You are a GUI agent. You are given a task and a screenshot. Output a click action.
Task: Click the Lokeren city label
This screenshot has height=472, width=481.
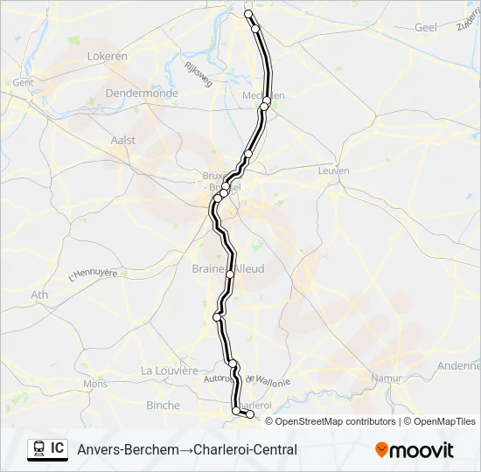click(x=108, y=57)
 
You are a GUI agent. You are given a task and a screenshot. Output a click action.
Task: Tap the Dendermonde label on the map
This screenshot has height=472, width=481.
click(x=141, y=94)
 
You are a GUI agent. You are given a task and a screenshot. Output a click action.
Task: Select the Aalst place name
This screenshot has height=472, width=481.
click(x=123, y=140)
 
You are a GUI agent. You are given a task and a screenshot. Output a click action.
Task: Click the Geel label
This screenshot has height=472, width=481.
click(x=425, y=28)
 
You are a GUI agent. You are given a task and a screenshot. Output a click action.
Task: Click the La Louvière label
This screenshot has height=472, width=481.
click(x=170, y=371)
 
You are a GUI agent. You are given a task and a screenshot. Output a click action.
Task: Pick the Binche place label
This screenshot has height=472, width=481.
click(x=163, y=406)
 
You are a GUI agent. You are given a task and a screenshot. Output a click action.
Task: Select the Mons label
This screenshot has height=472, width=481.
click(x=95, y=384)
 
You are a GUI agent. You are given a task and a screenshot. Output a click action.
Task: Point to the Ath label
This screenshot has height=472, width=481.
click(x=40, y=295)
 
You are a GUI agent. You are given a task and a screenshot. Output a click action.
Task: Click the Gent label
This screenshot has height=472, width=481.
click(x=23, y=82)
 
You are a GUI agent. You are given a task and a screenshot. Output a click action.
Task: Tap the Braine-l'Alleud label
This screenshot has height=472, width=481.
click(x=228, y=269)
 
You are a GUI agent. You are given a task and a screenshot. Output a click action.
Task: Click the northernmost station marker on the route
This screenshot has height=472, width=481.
click(x=248, y=14)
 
